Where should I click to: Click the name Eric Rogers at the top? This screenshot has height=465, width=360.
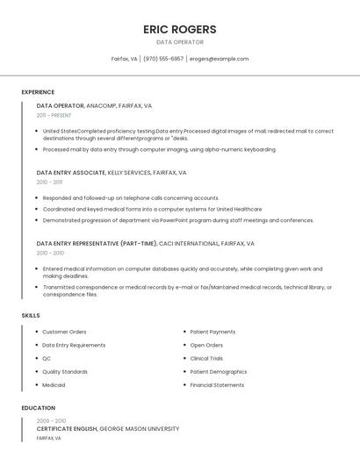pos(180,29)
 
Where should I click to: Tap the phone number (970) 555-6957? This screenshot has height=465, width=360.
pos(163,59)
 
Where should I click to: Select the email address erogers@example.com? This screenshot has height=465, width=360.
pos(219,59)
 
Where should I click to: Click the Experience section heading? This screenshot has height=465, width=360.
pos(38,92)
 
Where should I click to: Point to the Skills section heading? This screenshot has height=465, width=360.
pos(31,315)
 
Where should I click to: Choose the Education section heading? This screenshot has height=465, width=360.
pos(39,408)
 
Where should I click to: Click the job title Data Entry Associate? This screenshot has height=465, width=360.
pos(70,173)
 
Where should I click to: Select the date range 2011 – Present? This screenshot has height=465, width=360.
pos(54,115)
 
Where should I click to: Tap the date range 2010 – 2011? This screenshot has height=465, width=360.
pos(49,182)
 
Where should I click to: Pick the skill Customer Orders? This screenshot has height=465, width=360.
pos(64,332)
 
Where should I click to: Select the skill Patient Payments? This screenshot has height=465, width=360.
pos(212,332)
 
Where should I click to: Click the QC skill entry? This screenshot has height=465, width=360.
pos(47,358)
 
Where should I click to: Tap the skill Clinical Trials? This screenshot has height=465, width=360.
pos(206,358)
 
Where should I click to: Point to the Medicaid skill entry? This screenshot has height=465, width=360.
pos(54,385)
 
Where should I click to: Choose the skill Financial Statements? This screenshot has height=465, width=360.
pos(217,385)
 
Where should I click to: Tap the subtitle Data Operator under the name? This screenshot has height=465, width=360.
pos(180,42)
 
